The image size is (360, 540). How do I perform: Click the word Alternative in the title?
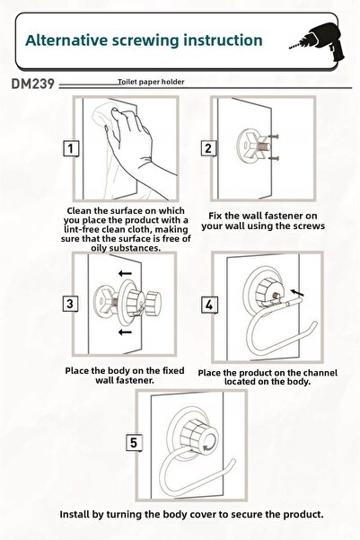point(66,40)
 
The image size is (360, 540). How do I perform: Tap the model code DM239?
point(32,84)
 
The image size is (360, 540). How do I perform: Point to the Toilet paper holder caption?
point(151,82)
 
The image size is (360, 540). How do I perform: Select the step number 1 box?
point(71,149)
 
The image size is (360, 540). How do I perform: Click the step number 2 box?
point(208,148)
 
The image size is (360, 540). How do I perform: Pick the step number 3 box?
point(70,304)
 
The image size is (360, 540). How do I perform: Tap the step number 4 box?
point(209,305)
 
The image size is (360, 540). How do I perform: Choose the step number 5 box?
point(134,443)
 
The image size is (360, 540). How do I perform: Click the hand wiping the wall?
point(135,145)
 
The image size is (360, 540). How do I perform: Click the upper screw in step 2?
point(274,137)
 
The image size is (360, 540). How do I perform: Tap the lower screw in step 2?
point(274,158)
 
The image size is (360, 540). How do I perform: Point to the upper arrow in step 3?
point(125,274)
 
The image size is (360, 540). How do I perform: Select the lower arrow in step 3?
point(125,332)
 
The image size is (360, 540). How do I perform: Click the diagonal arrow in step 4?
point(297,293)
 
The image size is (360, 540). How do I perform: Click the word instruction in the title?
point(223,40)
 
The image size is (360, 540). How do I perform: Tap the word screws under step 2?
point(309,226)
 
